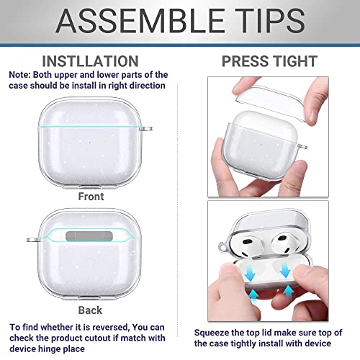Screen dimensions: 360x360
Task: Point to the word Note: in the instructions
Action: click(21, 75)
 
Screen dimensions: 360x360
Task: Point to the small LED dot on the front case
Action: click(88, 121)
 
